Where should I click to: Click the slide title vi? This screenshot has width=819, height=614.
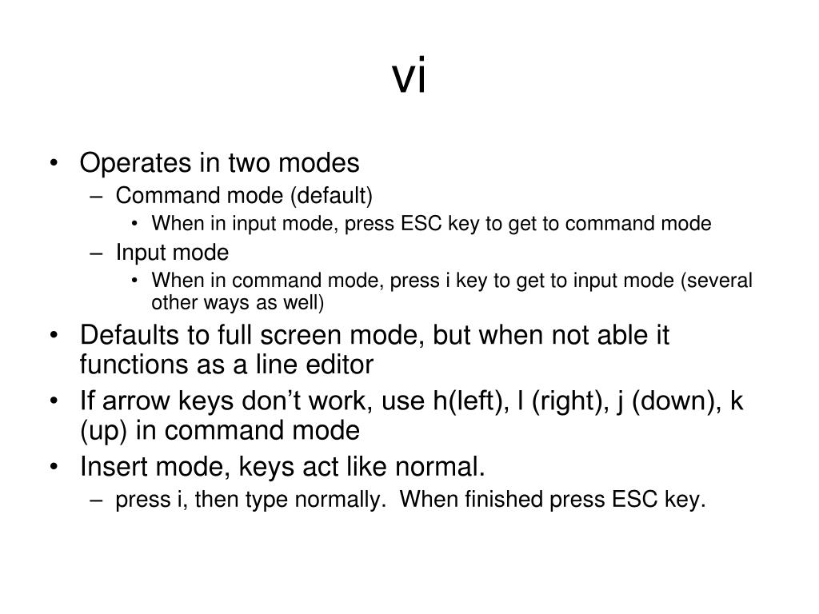coord(409,78)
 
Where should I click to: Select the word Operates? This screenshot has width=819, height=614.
coord(132,163)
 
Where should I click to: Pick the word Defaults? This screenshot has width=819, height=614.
coord(130,335)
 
